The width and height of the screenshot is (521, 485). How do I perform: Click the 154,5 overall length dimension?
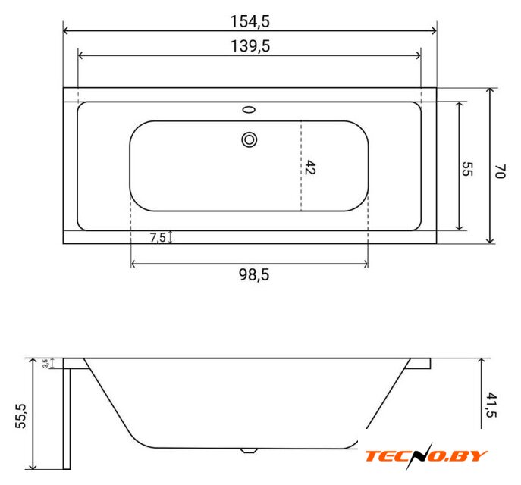point(250,21)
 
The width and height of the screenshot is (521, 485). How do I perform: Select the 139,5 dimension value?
point(250,46)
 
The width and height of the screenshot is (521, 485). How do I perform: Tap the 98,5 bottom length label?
point(254,275)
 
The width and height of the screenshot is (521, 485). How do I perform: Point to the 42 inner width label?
point(309,167)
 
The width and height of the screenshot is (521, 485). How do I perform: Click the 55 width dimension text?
point(467,169)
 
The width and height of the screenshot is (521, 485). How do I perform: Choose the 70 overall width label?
point(500,171)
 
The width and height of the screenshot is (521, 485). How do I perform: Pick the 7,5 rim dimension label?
point(158,238)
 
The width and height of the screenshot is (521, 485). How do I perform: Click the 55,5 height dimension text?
point(21,416)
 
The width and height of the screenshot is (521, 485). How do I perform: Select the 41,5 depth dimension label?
point(491,405)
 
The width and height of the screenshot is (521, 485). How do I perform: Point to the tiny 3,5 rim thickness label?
point(46,363)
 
